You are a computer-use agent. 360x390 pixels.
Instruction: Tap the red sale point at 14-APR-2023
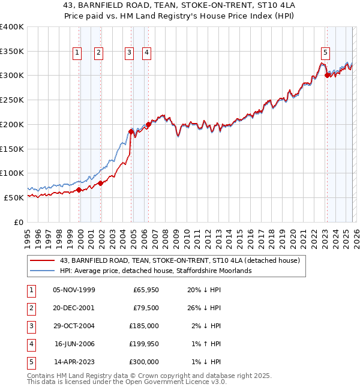[x=327, y=76]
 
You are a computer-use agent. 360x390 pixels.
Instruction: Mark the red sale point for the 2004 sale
[x=131, y=131]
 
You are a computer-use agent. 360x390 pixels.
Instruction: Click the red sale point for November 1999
[x=79, y=190]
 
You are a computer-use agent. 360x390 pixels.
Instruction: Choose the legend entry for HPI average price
[x=155, y=271]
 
